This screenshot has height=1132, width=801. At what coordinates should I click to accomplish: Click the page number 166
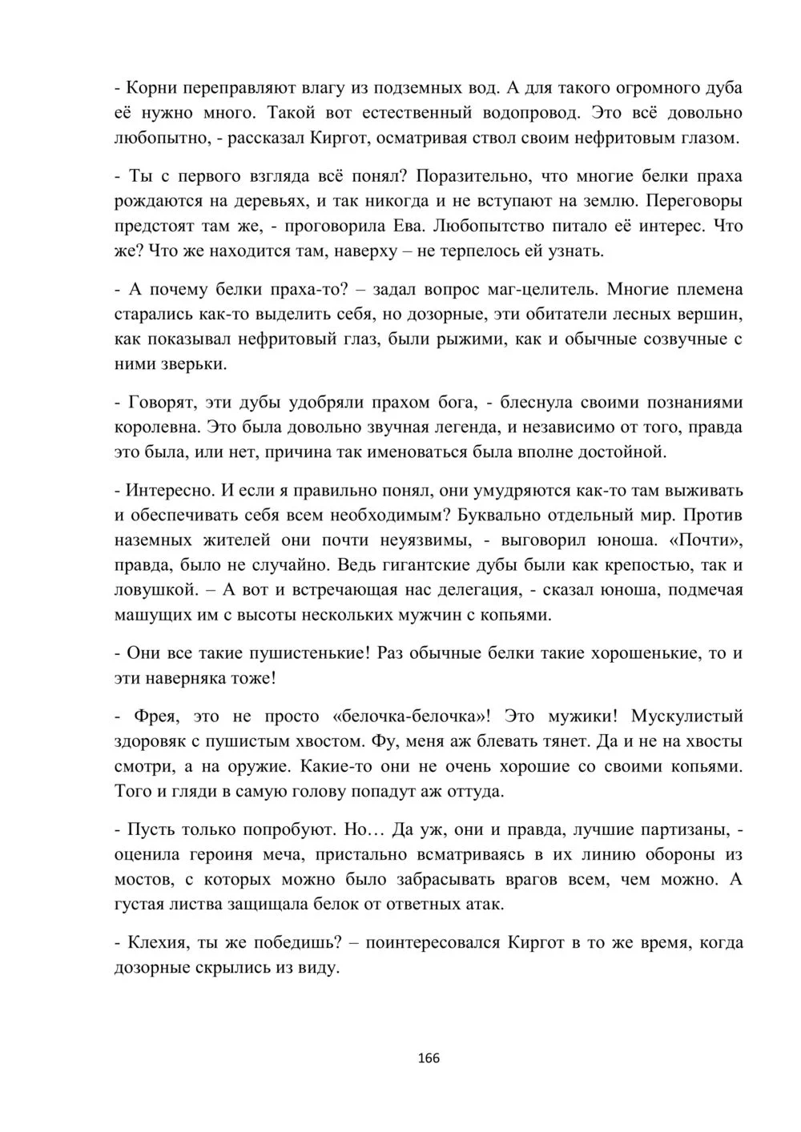[429, 1058]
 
